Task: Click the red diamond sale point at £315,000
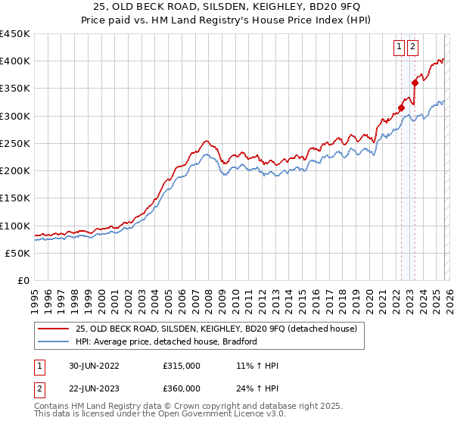pos(402,108)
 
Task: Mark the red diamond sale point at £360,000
pos(415,83)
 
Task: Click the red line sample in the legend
pos(53,328)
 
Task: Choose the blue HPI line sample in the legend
pos(53,341)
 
